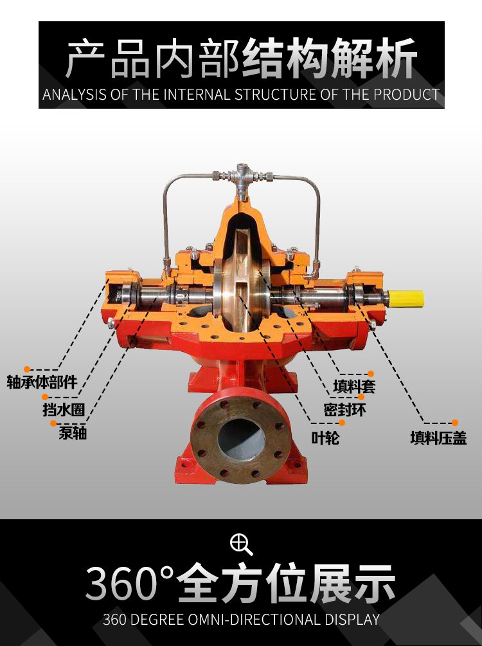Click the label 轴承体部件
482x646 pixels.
click(42, 382)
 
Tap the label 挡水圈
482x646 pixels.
click(64, 409)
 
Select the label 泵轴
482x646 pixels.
click(73, 433)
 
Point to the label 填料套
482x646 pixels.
click(354, 387)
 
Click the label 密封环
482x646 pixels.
click(344, 410)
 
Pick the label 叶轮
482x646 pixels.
click(325, 438)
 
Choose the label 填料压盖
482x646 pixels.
click(438, 438)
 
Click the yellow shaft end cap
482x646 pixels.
click(406, 299)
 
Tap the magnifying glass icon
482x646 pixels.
click(241, 544)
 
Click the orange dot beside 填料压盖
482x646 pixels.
click(455, 423)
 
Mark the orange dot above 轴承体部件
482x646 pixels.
click(27, 369)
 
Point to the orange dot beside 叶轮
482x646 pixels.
click(342, 423)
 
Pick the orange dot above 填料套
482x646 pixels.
click(371, 374)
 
